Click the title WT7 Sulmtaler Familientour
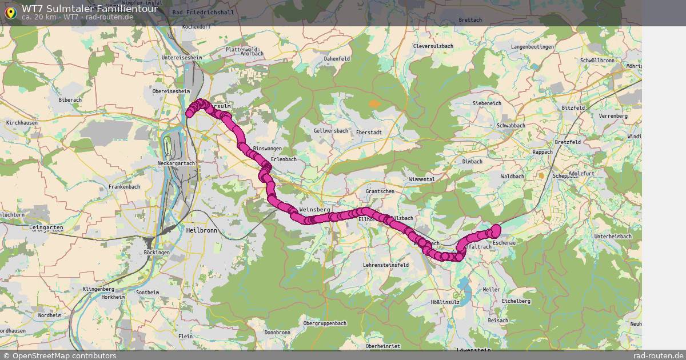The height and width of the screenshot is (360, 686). [90, 9]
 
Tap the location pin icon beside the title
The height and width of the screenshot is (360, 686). [10, 13]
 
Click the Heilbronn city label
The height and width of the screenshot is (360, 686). [202, 230]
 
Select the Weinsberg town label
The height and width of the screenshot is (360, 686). [315, 210]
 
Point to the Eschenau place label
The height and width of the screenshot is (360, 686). [504, 243]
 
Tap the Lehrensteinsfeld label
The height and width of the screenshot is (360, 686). [386, 265]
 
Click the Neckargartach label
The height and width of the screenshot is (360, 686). [176, 163]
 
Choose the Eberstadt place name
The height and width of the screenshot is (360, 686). [369, 132]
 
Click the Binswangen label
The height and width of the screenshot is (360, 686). [268, 149]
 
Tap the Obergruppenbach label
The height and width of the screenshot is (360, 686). [325, 323]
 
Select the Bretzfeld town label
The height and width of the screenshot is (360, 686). [567, 142]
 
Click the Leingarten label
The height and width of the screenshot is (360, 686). [45, 227]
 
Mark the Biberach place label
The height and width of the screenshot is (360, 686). [70, 100]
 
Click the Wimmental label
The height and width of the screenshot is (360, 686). [422, 179]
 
